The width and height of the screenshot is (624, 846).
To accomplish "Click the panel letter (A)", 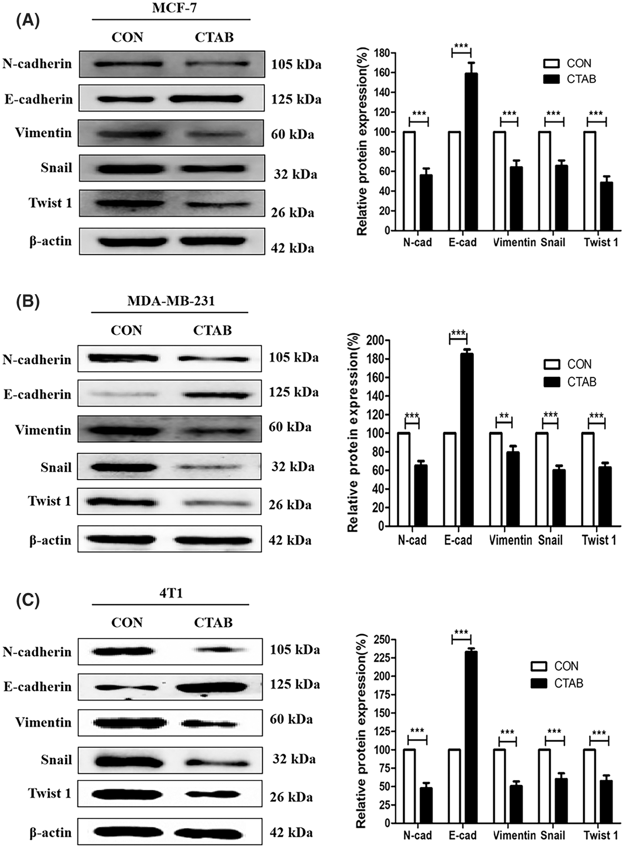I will pos(27,20).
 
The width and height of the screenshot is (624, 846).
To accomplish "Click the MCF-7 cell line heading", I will pos(174,8).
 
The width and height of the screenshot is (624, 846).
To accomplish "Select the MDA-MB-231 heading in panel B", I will pos(171,301).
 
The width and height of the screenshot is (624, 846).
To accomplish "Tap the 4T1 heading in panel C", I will pos(171,593).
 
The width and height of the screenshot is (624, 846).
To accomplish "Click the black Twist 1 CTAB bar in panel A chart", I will pos(606,206).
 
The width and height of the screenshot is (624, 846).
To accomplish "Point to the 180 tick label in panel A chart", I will pos(382,53).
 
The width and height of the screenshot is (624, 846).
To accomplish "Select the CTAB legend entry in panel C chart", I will pos(568,683).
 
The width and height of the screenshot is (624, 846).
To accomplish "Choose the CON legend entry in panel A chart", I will pos(579,63).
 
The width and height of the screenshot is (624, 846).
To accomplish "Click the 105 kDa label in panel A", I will pos(296,65).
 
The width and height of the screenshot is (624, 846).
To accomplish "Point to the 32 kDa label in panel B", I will pos(293,467).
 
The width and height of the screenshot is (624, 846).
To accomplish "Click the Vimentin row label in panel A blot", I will pos(43,133).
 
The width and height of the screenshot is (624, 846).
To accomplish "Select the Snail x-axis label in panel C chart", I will pos(552,835).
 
